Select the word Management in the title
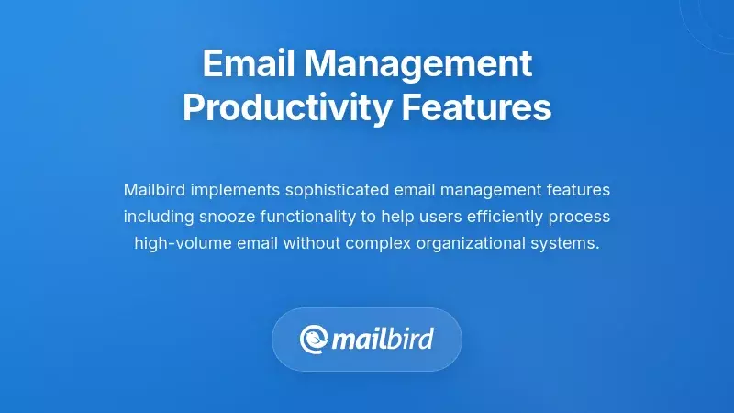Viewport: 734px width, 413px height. pyautogui.click(x=418, y=64)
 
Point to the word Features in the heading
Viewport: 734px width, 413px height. pyautogui.click(x=477, y=107)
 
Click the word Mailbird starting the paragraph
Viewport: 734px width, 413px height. pyautogui.click(x=152, y=190)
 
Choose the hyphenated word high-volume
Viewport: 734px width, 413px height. pyautogui.click(x=182, y=243)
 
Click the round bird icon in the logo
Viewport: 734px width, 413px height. pyautogui.click(x=314, y=340)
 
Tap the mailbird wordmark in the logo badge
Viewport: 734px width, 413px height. pyautogui.click(x=381, y=340)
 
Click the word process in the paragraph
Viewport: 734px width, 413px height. pyautogui.click(x=582, y=217)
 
